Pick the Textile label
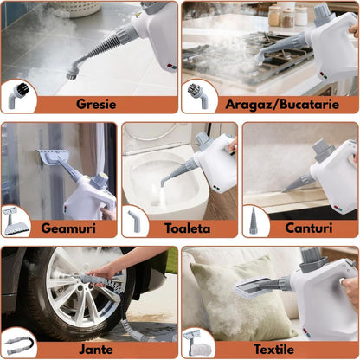coord(273,348)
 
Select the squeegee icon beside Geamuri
coord(16,220)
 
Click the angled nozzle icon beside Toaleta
coord(135,220)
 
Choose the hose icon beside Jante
coord(17,341)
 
